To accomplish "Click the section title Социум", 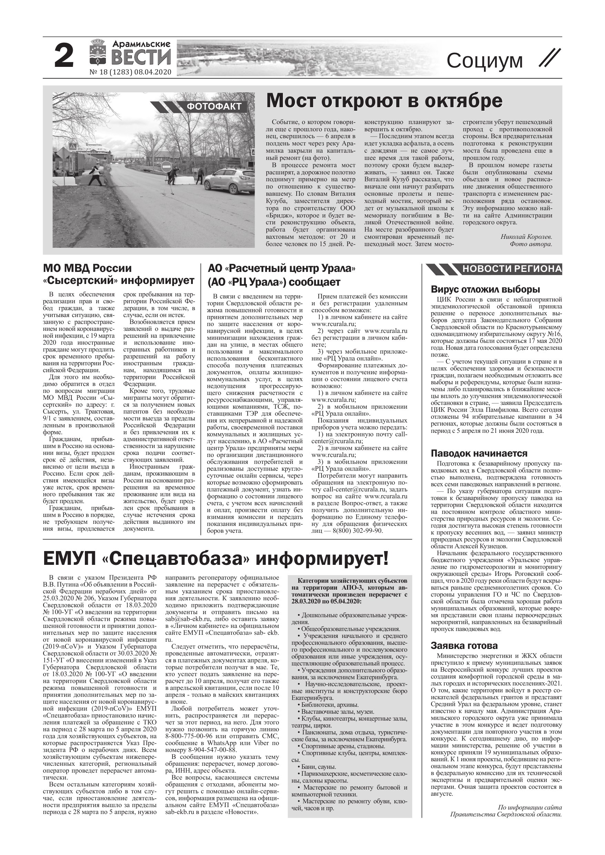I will [485, 60].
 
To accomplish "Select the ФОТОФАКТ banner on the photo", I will [214, 107].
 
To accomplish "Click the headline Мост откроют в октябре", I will [384, 101].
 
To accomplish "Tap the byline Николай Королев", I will [526, 237].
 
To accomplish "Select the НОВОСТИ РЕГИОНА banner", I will [512, 269].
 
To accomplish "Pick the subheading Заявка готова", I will [464, 646].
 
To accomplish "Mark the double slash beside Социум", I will [549, 59].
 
